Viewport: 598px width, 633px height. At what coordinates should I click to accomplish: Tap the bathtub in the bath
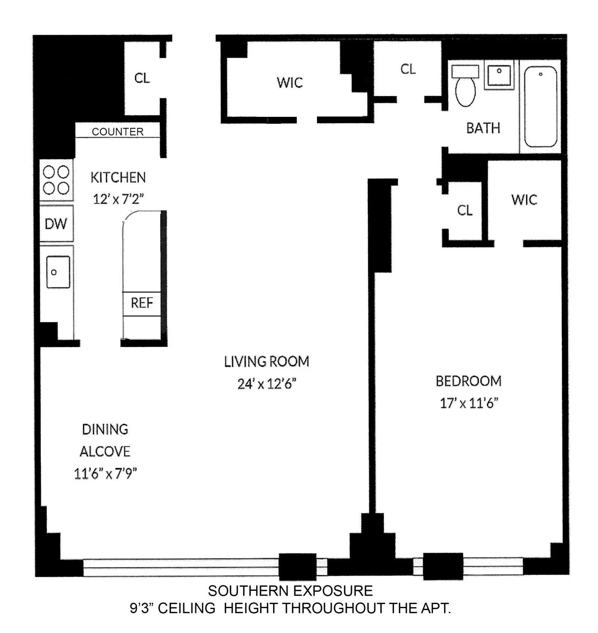pos(540,107)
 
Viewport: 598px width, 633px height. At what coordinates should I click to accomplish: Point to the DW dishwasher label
pos(56,224)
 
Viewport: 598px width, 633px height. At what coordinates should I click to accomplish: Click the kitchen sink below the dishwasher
pos(58,272)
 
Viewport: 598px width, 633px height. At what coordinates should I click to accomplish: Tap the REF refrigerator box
pos(142,303)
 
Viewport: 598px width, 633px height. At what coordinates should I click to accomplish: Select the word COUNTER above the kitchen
pos(118,132)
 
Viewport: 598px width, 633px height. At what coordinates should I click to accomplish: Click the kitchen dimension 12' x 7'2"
pos(118,199)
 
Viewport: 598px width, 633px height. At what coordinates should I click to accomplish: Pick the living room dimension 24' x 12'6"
pos(266,384)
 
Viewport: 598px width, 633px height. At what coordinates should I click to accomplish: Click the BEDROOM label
pos(468,381)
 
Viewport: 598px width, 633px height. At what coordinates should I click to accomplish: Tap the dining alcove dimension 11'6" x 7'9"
pos(105,474)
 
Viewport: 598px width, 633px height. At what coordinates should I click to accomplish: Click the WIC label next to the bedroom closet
pos(524,200)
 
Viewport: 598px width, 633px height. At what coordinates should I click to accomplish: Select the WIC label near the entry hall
pos(290,82)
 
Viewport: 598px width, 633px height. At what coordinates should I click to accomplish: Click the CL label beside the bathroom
pos(408,69)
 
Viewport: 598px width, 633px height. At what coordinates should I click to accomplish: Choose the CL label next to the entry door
pos(142,78)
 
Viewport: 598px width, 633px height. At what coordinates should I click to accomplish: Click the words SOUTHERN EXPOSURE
pos(290,591)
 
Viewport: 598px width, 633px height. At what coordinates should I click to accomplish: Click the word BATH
pos(483,128)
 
